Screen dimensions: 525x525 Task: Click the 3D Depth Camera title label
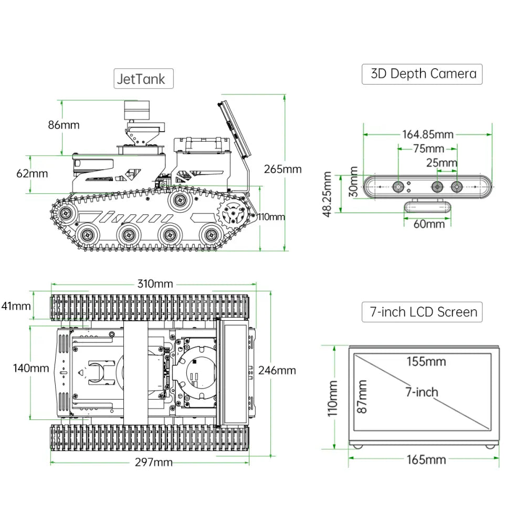pos(422,74)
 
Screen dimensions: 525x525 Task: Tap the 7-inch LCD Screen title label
pos(422,312)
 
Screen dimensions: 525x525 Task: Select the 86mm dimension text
pos(64,125)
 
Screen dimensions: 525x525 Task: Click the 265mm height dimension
pos(283,169)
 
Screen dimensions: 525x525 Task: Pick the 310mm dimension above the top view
pos(155,284)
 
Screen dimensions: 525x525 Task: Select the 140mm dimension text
pos(31,368)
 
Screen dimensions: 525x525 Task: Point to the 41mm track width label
pos(16,306)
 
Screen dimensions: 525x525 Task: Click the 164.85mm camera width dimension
pos(428,134)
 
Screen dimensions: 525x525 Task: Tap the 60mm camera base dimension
pos(428,224)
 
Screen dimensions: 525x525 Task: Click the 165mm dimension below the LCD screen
pos(426,460)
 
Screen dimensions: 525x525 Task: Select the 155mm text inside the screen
pos(426,361)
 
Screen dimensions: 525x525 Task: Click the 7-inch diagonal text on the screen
pos(421,392)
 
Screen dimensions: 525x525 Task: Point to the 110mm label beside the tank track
pos(271,217)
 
